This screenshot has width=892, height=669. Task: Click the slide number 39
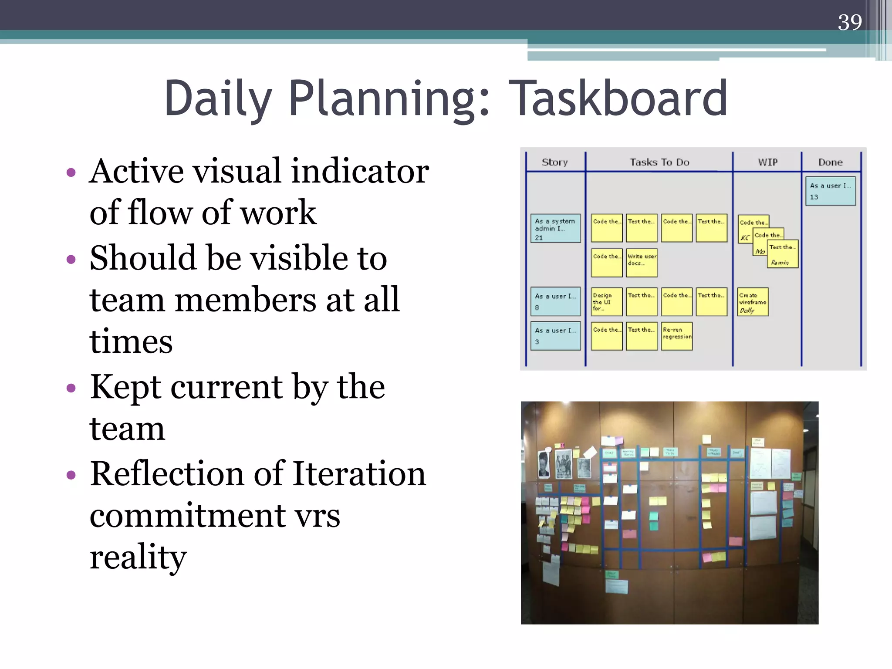tap(849, 22)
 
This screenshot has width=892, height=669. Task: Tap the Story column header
tap(554, 162)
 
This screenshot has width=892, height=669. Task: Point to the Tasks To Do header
tap(659, 162)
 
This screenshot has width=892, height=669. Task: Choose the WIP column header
tap(767, 162)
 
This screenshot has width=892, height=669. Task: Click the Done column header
tap(830, 162)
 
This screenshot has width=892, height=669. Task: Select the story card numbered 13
tap(830, 191)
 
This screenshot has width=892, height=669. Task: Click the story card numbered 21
tap(555, 228)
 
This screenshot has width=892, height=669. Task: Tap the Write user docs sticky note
tap(642, 263)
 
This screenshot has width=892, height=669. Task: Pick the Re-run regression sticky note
tap(677, 336)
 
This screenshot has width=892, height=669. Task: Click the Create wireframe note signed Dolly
tap(753, 302)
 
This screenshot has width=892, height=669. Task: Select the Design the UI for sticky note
tap(606, 302)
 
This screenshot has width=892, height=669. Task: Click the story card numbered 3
tap(555, 336)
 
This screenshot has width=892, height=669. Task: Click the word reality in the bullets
tap(138, 557)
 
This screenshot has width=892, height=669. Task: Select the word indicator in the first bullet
tap(360, 171)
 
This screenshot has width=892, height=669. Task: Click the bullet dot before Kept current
tap(71, 387)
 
